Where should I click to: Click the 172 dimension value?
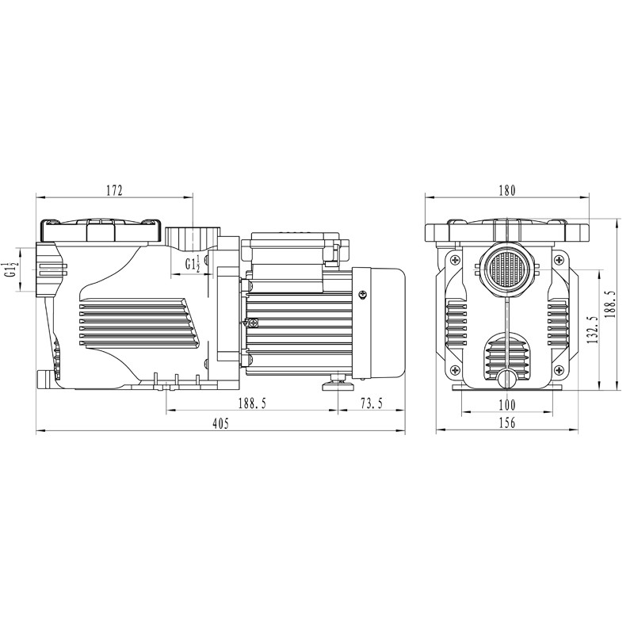pyautogui.click(x=114, y=190)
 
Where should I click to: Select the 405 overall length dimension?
pyautogui.click(x=220, y=423)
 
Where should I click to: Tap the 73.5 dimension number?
pyautogui.click(x=372, y=403)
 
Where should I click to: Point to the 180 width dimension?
pyautogui.click(x=507, y=190)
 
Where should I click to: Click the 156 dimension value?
pyautogui.click(x=507, y=422)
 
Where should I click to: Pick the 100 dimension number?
pyautogui.click(x=507, y=404)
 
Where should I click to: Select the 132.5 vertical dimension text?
pyautogui.click(x=592, y=330)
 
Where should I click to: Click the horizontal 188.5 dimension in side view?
pyautogui.click(x=252, y=403)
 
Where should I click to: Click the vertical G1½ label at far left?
pyautogui.click(x=11, y=269)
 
